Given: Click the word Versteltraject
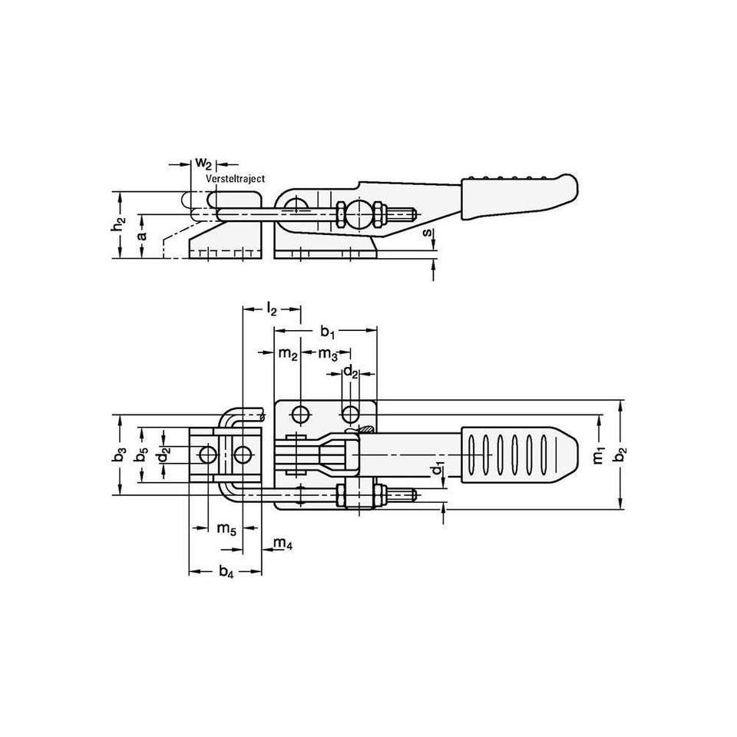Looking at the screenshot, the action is (235, 177).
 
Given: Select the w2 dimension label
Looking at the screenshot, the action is (203, 163).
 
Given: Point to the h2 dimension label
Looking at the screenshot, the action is (117, 225).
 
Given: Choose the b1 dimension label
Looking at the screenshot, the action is (328, 332).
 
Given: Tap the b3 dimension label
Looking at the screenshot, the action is (117, 455).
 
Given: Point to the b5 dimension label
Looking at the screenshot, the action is (140, 455).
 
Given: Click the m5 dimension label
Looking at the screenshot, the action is (226, 528).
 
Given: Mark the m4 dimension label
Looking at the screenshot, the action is (283, 544).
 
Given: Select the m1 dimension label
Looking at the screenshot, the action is (599, 454).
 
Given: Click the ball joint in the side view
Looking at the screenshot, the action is (355, 213).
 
